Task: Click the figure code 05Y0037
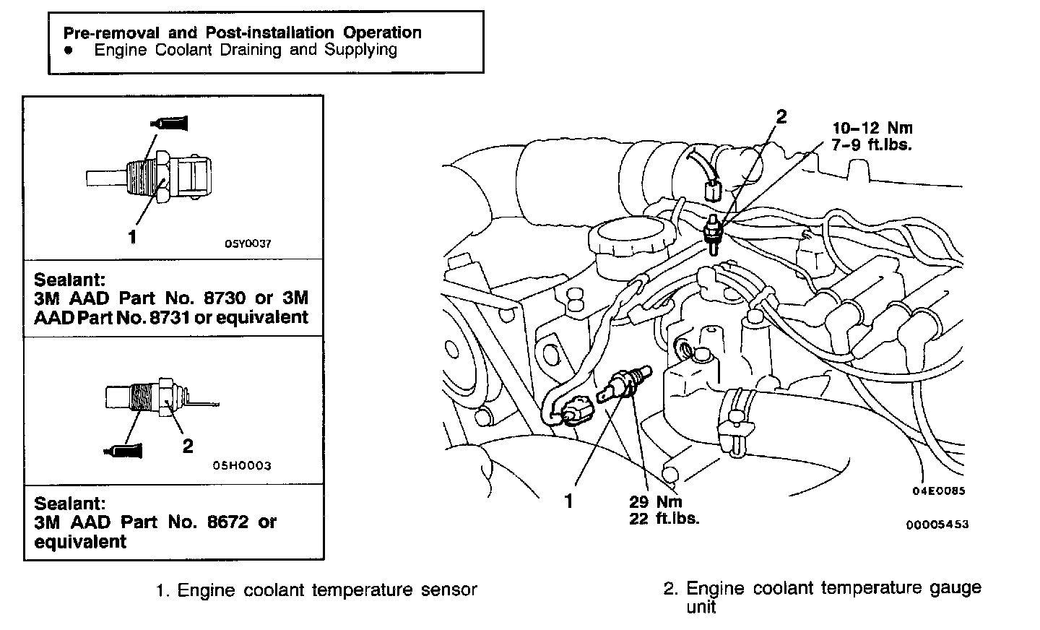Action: (248, 243)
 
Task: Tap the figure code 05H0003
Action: (242, 466)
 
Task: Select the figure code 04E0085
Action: (938, 491)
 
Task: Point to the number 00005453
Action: (937, 525)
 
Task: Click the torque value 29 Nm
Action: (655, 501)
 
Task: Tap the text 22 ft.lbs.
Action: (664, 518)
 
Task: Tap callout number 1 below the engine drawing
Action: (568, 501)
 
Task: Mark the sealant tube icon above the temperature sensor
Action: (172, 124)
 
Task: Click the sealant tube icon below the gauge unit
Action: (125, 451)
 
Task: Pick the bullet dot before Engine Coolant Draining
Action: (68, 51)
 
